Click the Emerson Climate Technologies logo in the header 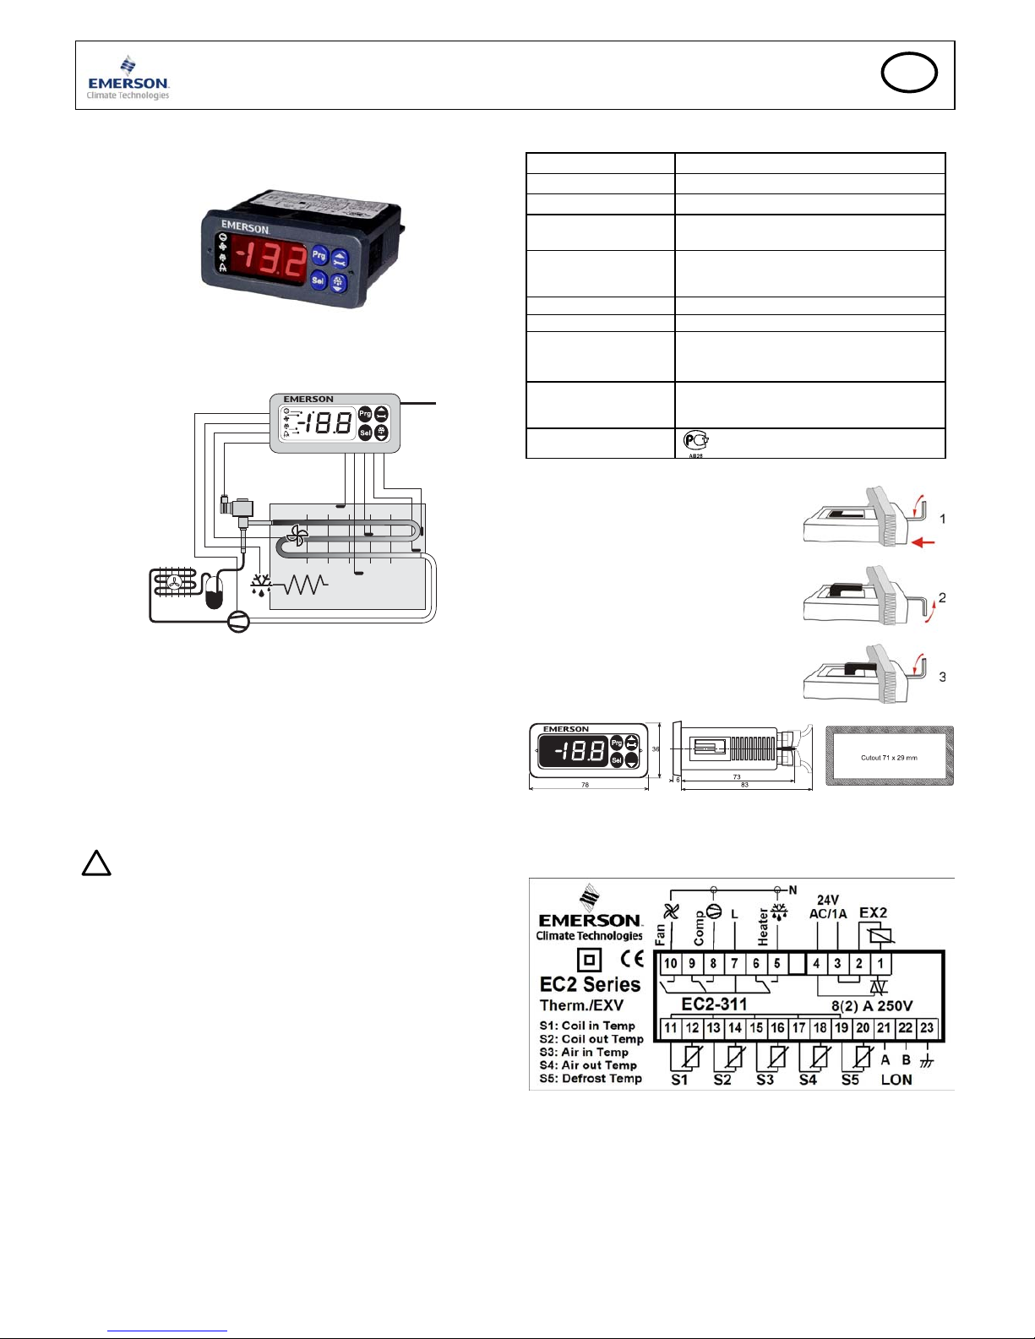point(128,78)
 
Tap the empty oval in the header point(909,73)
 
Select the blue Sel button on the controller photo point(319,280)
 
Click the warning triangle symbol point(96,863)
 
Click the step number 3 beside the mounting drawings point(942,677)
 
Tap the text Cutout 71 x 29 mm point(889,758)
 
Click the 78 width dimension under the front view point(585,786)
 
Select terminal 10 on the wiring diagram point(670,963)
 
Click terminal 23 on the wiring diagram point(927,1028)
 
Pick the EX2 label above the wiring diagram point(873,913)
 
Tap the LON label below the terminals point(896,1080)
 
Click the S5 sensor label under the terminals point(850,1080)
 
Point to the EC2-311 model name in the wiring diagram point(714,1004)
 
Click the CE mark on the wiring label point(631,960)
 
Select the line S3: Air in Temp point(584,1053)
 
